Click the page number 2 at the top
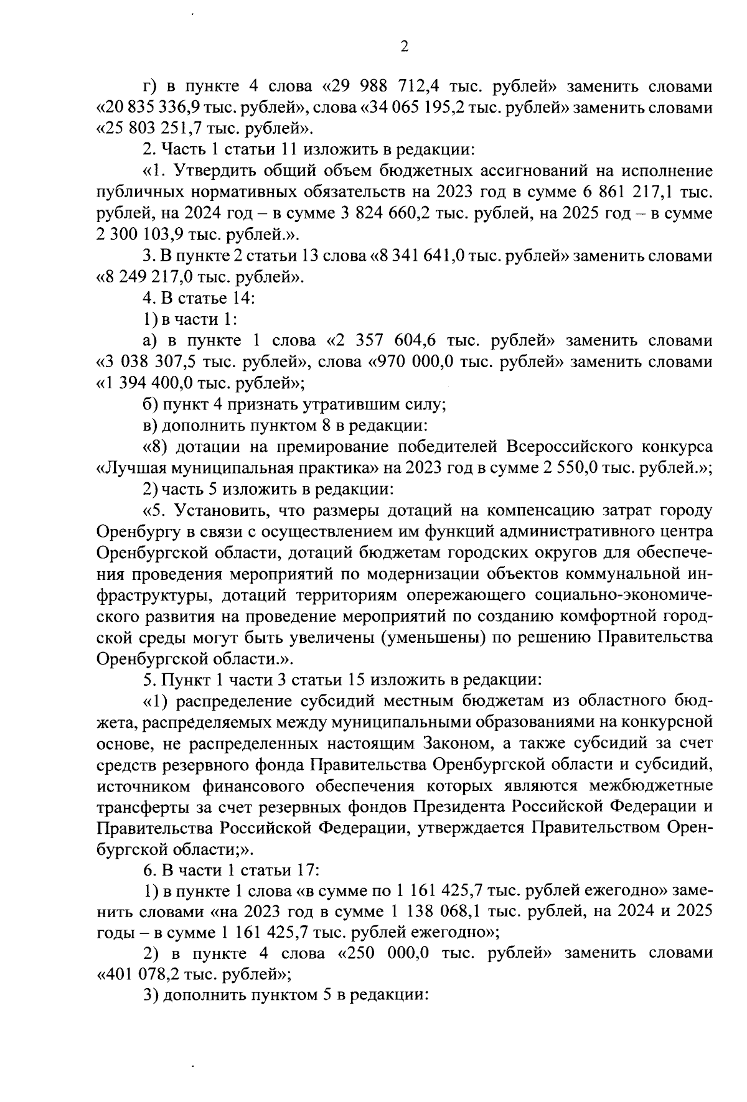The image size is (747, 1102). tap(404, 47)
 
